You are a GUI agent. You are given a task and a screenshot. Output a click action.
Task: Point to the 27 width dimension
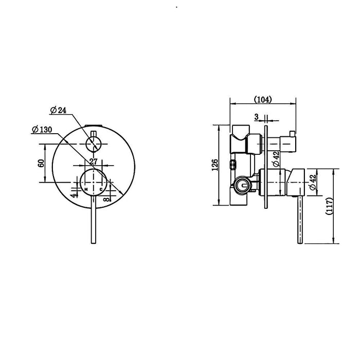point(93,161)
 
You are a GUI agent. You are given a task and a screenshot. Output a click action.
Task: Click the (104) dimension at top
point(263,99)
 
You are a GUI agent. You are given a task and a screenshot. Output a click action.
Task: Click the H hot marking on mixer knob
point(86,190)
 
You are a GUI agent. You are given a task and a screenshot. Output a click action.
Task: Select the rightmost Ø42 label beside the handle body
point(312,184)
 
